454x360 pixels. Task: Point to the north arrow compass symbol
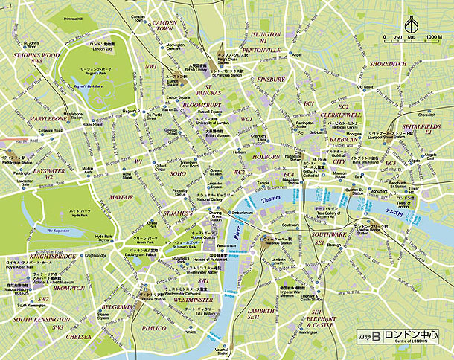pos(409,25)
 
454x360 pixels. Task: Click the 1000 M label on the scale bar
pos(434,37)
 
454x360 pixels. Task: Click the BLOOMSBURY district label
pos(198,106)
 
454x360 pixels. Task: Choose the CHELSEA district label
pos(78,337)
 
